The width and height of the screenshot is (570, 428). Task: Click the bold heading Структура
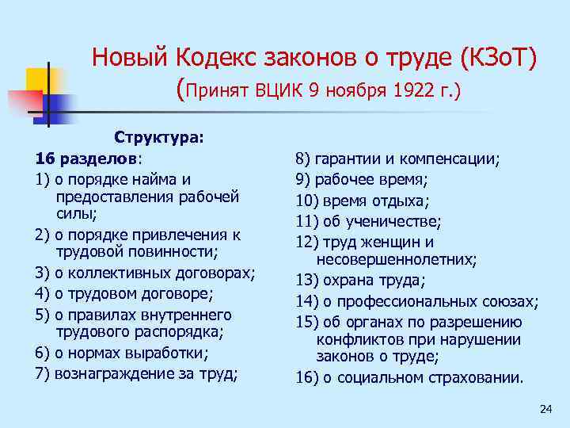click(159, 138)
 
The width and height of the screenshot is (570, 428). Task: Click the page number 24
click(545, 408)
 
